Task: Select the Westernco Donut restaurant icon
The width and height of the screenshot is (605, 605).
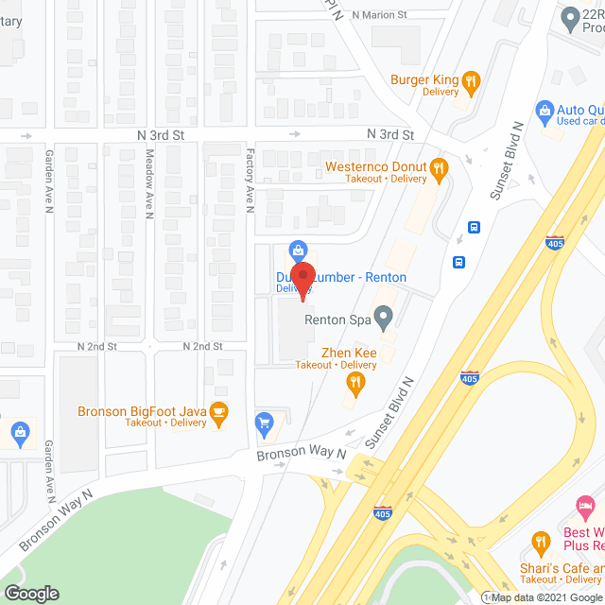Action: pos(439,169)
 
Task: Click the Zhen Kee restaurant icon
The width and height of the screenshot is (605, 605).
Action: pos(355,382)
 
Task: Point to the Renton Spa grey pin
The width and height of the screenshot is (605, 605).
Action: pos(383,319)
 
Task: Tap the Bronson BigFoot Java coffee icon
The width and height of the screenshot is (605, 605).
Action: pos(218,411)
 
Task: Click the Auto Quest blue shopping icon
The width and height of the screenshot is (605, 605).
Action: pos(544,111)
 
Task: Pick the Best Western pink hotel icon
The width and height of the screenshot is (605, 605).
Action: pos(586,508)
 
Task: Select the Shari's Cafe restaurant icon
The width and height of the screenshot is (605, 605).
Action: pos(541,543)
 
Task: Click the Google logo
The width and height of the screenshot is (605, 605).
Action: pos(30,594)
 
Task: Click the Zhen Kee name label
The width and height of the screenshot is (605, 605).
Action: pos(337,351)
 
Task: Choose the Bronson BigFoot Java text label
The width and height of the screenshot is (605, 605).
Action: pos(142,411)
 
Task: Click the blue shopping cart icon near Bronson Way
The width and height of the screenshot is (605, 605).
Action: pos(266,421)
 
